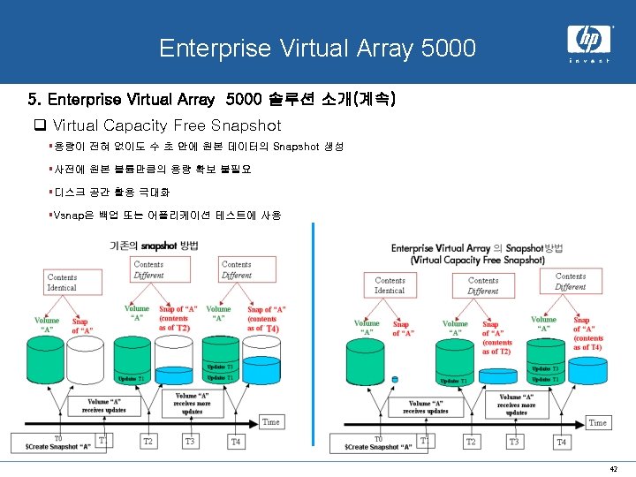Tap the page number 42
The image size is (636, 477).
[x=613, y=467]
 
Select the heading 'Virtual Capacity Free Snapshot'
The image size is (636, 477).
[x=167, y=125]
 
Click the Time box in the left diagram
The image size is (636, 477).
[x=271, y=422]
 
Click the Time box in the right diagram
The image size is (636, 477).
[x=598, y=423]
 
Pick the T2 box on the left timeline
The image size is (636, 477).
[x=148, y=441]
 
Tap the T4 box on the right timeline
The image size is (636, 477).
[x=561, y=441]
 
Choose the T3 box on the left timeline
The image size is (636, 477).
[x=190, y=441]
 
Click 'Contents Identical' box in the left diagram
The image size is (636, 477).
[x=62, y=282]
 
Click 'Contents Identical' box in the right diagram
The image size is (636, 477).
[x=390, y=284]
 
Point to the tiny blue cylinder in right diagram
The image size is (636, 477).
[x=395, y=380]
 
